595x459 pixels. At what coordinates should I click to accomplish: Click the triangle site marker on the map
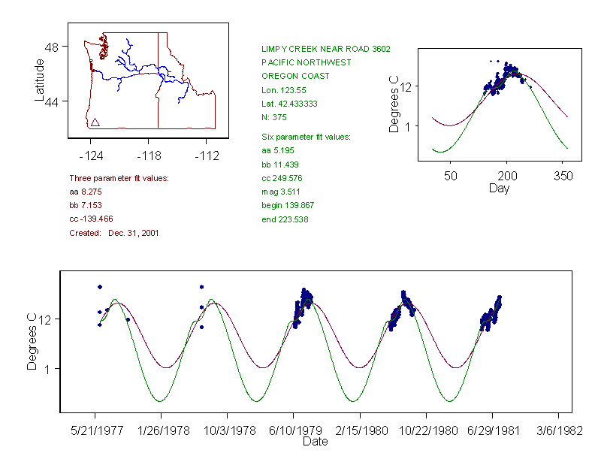(x=95, y=122)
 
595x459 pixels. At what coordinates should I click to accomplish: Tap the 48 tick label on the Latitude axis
(x=52, y=47)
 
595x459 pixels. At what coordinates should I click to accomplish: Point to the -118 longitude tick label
(x=148, y=156)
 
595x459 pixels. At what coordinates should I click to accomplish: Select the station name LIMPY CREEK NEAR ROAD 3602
(x=326, y=49)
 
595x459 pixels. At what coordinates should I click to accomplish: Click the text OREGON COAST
(x=295, y=76)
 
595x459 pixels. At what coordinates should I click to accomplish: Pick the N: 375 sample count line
(x=274, y=117)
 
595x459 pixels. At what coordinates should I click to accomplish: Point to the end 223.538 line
(x=285, y=219)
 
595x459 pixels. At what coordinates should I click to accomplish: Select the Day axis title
(x=499, y=188)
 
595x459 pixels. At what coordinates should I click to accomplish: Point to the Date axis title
(x=316, y=442)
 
